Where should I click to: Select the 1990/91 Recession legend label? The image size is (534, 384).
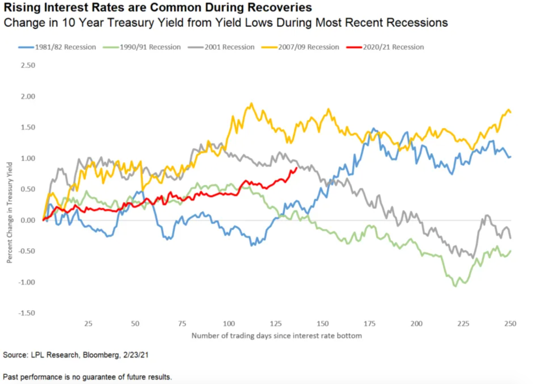pyautogui.click(x=150, y=47)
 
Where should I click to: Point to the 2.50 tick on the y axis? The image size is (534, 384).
pyautogui.click(x=28, y=65)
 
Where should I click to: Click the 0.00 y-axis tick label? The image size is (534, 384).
pyautogui.click(x=28, y=220)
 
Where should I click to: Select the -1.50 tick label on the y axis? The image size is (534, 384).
pyautogui.click(x=27, y=313)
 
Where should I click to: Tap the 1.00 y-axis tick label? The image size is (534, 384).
pyautogui.click(x=28, y=158)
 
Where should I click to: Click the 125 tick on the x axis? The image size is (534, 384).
pyautogui.click(x=276, y=323)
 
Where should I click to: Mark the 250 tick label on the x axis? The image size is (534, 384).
pyautogui.click(x=510, y=323)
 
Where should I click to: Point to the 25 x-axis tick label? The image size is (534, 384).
pyautogui.click(x=88, y=323)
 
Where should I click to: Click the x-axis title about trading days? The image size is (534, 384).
pyautogui.click(x=276, y=336)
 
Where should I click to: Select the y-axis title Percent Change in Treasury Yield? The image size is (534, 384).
pyautogui.click(x=10, y=213)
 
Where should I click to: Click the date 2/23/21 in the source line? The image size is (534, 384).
pyautogui.click(x=136, y=355)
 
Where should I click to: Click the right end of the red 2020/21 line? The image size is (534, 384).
pyautogui.click(x=296, y=168)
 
